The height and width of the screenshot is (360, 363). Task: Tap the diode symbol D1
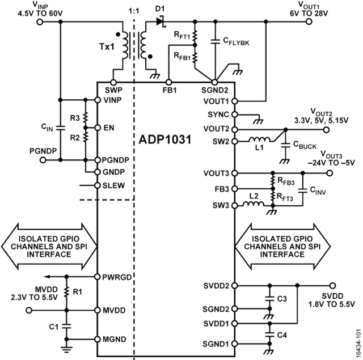[x=159, y=22]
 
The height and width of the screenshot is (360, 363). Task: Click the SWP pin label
[x=113, y=90]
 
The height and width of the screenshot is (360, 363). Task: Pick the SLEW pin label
[x=113, y=185]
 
